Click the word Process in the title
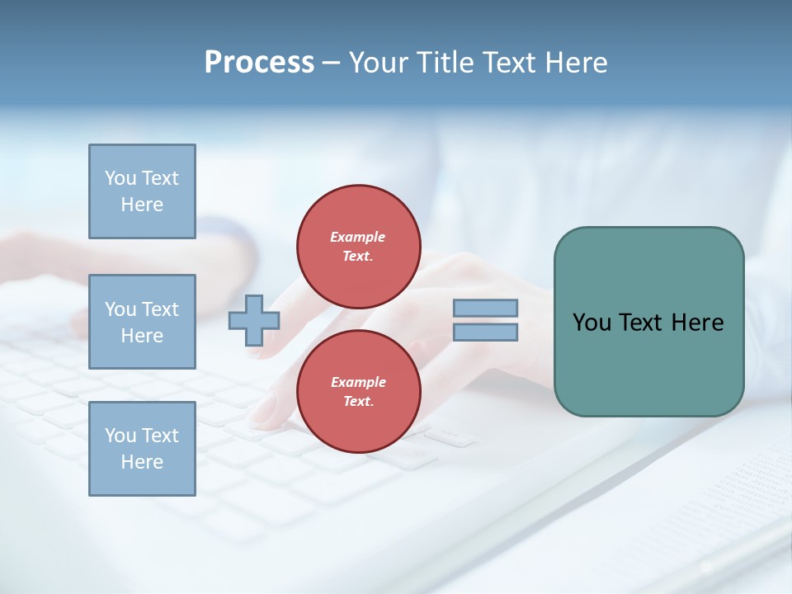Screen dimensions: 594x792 (259, 63)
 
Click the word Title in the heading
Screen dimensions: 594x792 (446, 63)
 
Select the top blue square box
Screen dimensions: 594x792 (142, 191)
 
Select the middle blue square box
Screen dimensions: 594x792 (142, 322)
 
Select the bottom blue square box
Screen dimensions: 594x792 (142, 449)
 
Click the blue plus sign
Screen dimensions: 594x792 (253, 320)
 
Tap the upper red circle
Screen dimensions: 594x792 (358, 247)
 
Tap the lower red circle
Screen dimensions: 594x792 (358, 392)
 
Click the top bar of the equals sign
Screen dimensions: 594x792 (485, 309)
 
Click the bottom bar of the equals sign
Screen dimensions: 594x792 (485, 332)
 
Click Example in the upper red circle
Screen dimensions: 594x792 (358, 237)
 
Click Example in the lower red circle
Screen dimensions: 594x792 (358, 382)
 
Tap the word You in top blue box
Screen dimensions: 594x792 (120, 178)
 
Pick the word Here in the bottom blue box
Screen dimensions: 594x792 (142, 462)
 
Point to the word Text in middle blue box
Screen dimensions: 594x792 (159, 309)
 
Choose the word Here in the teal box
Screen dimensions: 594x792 (697, 323)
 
